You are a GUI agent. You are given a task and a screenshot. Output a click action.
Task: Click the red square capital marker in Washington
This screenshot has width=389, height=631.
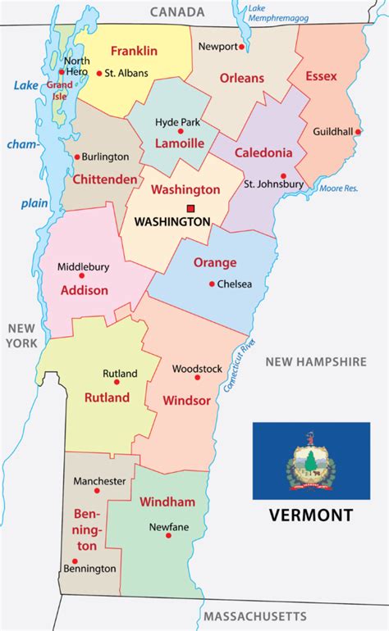[190, 208]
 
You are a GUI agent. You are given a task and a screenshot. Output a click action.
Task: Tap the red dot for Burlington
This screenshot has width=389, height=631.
[77, 157]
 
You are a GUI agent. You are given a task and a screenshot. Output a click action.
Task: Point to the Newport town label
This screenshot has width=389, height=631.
[217, 47]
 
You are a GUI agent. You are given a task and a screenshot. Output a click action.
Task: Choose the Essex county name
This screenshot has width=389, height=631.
[321, 76]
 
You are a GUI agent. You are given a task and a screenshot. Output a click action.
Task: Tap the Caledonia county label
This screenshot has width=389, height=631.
[263, 152]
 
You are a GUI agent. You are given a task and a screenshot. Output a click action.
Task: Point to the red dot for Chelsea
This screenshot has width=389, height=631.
[212, 284]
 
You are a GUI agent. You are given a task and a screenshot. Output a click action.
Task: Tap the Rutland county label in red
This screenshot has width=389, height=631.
[107, 397]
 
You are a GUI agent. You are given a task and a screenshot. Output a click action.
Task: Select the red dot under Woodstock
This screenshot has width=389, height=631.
[197, 377]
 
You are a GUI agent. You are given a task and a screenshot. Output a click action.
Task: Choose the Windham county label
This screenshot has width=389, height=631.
[167, 501]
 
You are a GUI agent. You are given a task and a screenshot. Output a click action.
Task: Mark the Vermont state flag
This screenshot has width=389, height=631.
[310, 461]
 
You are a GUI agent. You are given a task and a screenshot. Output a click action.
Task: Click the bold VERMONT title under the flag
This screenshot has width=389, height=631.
[310, 515]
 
